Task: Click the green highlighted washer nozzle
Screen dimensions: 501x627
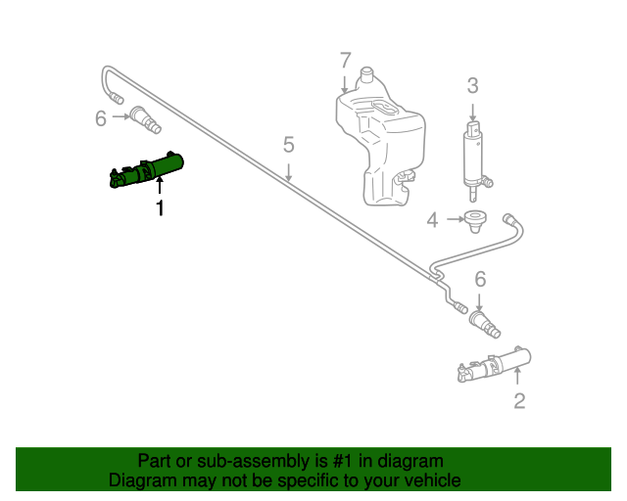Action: [x=147, y=169]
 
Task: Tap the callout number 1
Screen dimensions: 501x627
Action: [x=160, y=207]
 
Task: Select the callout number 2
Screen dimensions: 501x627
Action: [x=519, y=400]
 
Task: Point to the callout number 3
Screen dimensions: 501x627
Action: [x=472, y=85]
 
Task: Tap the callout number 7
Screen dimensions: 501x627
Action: [x=345, y=60]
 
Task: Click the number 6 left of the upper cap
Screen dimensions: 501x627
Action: [x=100, y=119]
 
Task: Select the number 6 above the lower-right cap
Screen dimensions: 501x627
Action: [x=480, y=279]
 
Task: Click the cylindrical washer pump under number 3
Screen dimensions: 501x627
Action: [x=474, y=157]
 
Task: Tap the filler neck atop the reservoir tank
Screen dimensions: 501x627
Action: [x=367, y=75]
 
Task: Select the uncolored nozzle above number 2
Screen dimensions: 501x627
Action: [x=494, y=364]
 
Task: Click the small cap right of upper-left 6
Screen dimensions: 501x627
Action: [x=146, y=120]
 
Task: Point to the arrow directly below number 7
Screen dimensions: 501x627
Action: [x=345, y=81]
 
